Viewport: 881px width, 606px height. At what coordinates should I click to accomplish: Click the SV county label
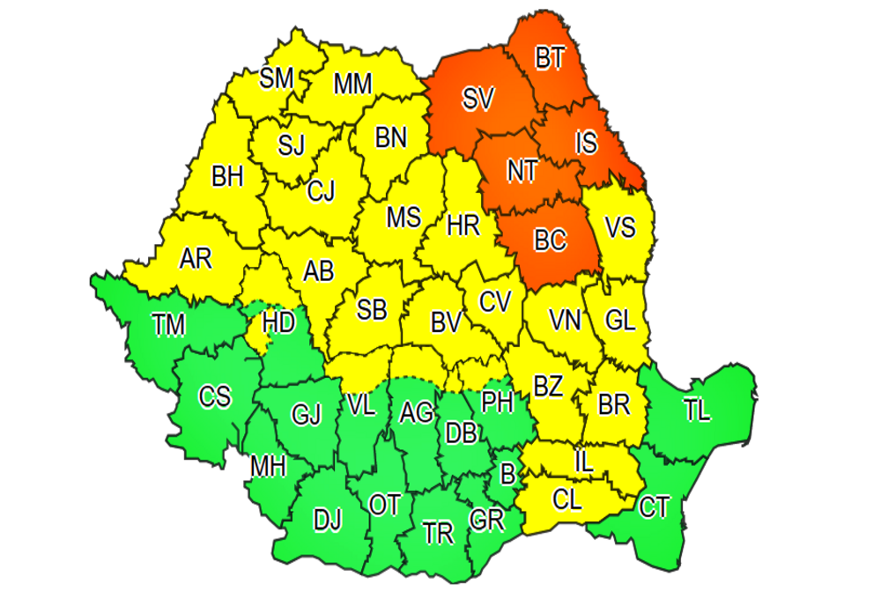coord(478,100)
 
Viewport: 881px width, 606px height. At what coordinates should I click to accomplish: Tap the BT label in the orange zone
coord(550,59)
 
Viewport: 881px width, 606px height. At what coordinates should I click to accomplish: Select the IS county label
coord(586,142)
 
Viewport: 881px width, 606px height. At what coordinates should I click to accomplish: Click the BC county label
coord(551,240)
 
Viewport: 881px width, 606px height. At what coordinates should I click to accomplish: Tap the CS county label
coord(214,397)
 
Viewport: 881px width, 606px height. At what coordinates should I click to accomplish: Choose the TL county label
coord(695,410)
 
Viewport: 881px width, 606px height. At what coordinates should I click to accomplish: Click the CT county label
coord(655,506)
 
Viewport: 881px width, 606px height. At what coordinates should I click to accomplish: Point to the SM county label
coord(277,78)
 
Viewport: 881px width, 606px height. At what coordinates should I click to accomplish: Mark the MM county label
coord(353,85)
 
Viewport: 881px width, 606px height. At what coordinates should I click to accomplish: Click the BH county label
coord(227,177)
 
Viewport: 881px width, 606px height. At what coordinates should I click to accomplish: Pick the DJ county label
coord(328,521)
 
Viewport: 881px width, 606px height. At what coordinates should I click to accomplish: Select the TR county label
coord(438,532)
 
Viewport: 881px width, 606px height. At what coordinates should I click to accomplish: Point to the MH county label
coord(268,466)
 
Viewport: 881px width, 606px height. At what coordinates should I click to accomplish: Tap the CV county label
coord(495,302)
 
